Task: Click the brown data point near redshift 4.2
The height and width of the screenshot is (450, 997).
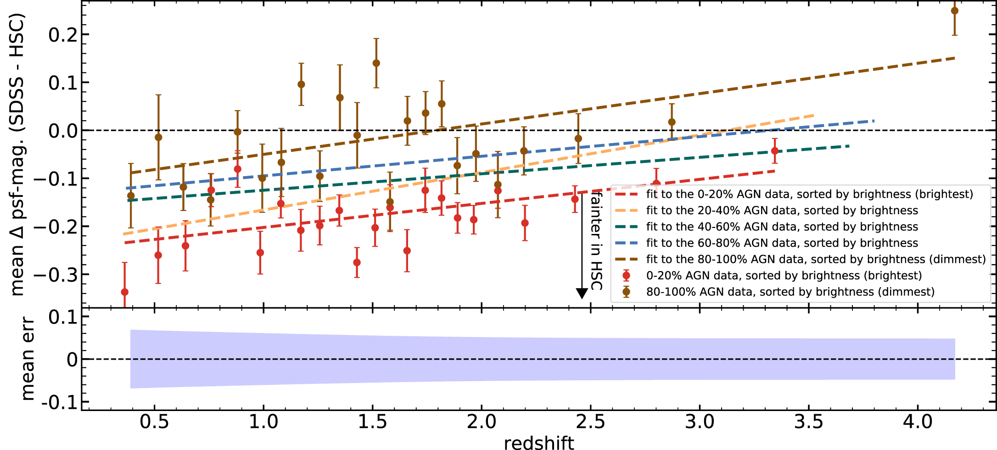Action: tap(954, 11)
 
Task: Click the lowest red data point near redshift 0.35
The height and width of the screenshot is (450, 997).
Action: tap(124, 292)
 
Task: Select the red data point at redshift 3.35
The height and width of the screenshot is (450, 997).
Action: tap(775, 151)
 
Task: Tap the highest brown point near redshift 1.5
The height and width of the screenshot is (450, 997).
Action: tap(376, 63)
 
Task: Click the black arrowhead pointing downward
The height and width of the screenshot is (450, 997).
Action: tap(582, 294)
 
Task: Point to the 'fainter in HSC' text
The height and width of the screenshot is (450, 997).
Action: tap(596, 241)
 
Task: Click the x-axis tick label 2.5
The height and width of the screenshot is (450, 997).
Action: tap(590, 422)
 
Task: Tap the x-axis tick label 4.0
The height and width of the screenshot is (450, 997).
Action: tap(918, 422)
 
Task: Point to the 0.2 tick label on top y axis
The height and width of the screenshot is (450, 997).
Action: tap(63, 35)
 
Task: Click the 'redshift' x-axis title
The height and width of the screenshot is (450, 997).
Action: tap(539, 443)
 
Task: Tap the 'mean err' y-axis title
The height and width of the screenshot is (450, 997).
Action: tap(28, 359)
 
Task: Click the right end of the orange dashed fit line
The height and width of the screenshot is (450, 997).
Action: tap(813, 115)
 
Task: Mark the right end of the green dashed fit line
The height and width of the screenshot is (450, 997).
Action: tap(849, 146)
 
